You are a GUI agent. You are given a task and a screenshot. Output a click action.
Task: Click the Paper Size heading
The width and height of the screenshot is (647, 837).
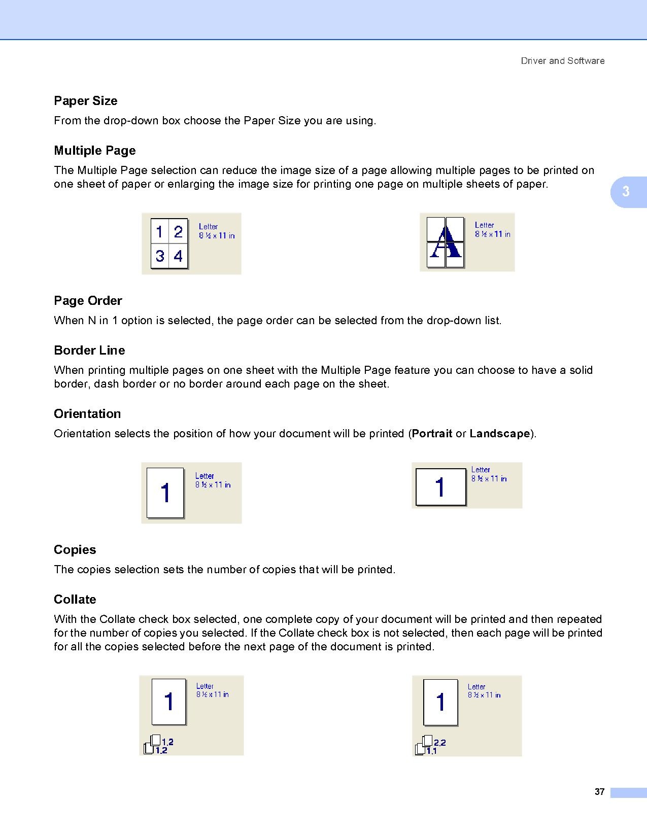coord(85,101)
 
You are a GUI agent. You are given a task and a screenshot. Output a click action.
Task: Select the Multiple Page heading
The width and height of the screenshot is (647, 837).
coord(95,151)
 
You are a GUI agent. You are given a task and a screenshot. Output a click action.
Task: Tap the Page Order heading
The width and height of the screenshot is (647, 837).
coord(88,301)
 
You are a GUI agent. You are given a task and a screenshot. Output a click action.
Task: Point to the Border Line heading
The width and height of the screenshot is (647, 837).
coord(89,351)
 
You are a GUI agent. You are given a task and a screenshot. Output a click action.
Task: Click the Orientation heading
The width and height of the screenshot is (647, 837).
coord(87,414)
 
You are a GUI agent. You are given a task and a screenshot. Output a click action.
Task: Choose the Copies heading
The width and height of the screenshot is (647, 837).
coord(75,550)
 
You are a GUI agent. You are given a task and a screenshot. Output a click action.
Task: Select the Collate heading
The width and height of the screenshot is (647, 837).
coord(75,600)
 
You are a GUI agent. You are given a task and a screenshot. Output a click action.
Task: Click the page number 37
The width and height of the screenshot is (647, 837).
coord(599,792)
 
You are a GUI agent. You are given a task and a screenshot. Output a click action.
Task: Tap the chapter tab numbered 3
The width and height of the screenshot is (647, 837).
coord(626,192)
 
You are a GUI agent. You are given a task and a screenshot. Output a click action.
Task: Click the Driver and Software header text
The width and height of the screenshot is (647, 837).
coord(562,61)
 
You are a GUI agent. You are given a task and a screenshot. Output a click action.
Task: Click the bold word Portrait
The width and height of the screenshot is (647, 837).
coord(432,434)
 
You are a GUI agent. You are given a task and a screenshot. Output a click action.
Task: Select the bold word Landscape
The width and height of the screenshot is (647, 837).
coord(500,434)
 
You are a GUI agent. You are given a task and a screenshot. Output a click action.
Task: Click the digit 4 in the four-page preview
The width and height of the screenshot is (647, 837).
coord(178,256)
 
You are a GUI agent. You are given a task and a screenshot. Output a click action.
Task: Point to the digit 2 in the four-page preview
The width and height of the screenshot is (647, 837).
coord(178,232)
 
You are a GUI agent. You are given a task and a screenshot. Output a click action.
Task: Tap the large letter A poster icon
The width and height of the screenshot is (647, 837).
coord(445,242)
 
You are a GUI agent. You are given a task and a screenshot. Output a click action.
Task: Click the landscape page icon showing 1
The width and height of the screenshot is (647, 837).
coord(440,487)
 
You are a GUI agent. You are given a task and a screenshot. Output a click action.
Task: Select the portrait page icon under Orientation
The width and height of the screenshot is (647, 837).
coord(165,493)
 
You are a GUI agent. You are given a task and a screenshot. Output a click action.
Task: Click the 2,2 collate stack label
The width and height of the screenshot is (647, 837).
coord(439,743)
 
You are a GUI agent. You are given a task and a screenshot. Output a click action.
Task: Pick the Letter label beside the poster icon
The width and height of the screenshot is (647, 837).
coord(484,225)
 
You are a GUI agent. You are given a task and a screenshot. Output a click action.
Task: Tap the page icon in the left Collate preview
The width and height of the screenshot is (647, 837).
coord(169,702)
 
